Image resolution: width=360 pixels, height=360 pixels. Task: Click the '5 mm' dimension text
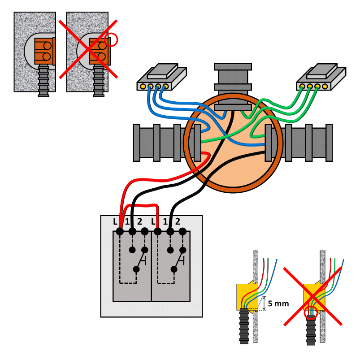(278, 304)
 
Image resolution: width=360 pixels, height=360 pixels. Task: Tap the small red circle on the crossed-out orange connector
(111, 40)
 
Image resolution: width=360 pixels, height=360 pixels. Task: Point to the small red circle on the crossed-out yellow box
(311, 312)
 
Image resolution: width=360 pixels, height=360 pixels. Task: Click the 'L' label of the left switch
(116, 221)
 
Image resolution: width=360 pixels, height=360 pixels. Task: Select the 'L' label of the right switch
(153, 221)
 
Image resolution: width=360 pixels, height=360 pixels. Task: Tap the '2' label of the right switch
(178, 221)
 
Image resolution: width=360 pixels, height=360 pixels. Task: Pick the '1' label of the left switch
(127, 221)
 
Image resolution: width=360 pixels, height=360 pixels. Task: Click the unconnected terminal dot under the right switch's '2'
(182, 231)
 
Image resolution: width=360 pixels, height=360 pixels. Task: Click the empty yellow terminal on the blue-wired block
(143, 87)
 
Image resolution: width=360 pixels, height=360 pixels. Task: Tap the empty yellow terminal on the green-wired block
(325, 87)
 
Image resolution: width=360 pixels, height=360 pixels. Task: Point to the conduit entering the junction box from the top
(233, 87)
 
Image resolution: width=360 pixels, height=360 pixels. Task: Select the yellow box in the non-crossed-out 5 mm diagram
(247, 297)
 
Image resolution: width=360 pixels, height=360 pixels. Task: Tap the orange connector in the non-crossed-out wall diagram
(45, 51)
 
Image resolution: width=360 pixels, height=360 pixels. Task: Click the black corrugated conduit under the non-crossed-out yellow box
(244, 326)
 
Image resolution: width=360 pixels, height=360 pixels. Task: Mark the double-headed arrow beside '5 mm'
(264, 304)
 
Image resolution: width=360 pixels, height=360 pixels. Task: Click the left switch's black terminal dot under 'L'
(120, 231)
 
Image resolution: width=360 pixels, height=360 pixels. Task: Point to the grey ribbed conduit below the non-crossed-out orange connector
(43, 80)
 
